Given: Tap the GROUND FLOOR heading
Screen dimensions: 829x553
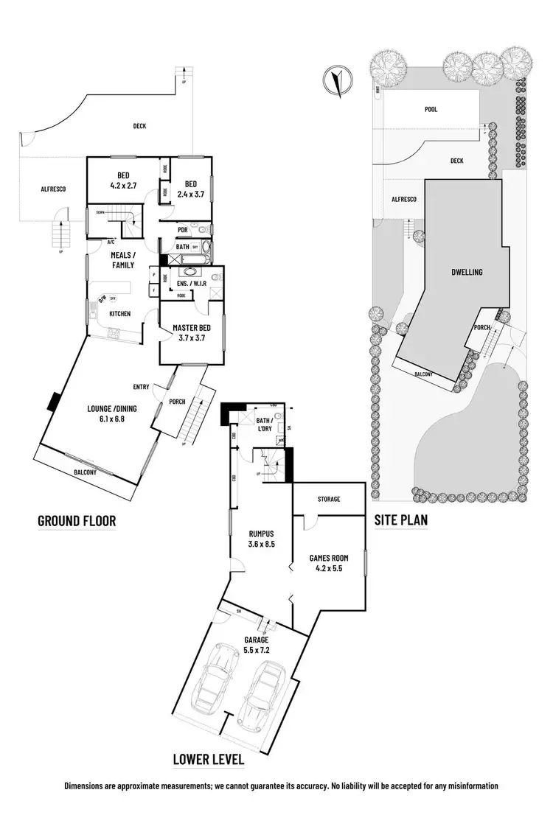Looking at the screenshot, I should [77, 521].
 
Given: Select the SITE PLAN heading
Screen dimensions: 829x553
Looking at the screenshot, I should [400, 520].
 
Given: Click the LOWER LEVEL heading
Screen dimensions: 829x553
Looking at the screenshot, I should [208, 758].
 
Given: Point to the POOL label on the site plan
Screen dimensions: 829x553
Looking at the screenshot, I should [431, 109].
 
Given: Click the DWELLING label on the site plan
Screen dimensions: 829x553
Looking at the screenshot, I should [467, 272].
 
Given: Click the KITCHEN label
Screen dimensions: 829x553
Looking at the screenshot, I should [119, 314].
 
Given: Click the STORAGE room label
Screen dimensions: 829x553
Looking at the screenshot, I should [329, 499].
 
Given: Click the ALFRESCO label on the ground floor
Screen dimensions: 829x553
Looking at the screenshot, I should [53, 189].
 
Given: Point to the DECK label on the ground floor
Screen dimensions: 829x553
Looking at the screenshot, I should [139, 126].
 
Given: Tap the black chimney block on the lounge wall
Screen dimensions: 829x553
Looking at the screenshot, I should [54, 402].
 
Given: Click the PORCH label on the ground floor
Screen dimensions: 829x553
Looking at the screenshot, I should [176, 402].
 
